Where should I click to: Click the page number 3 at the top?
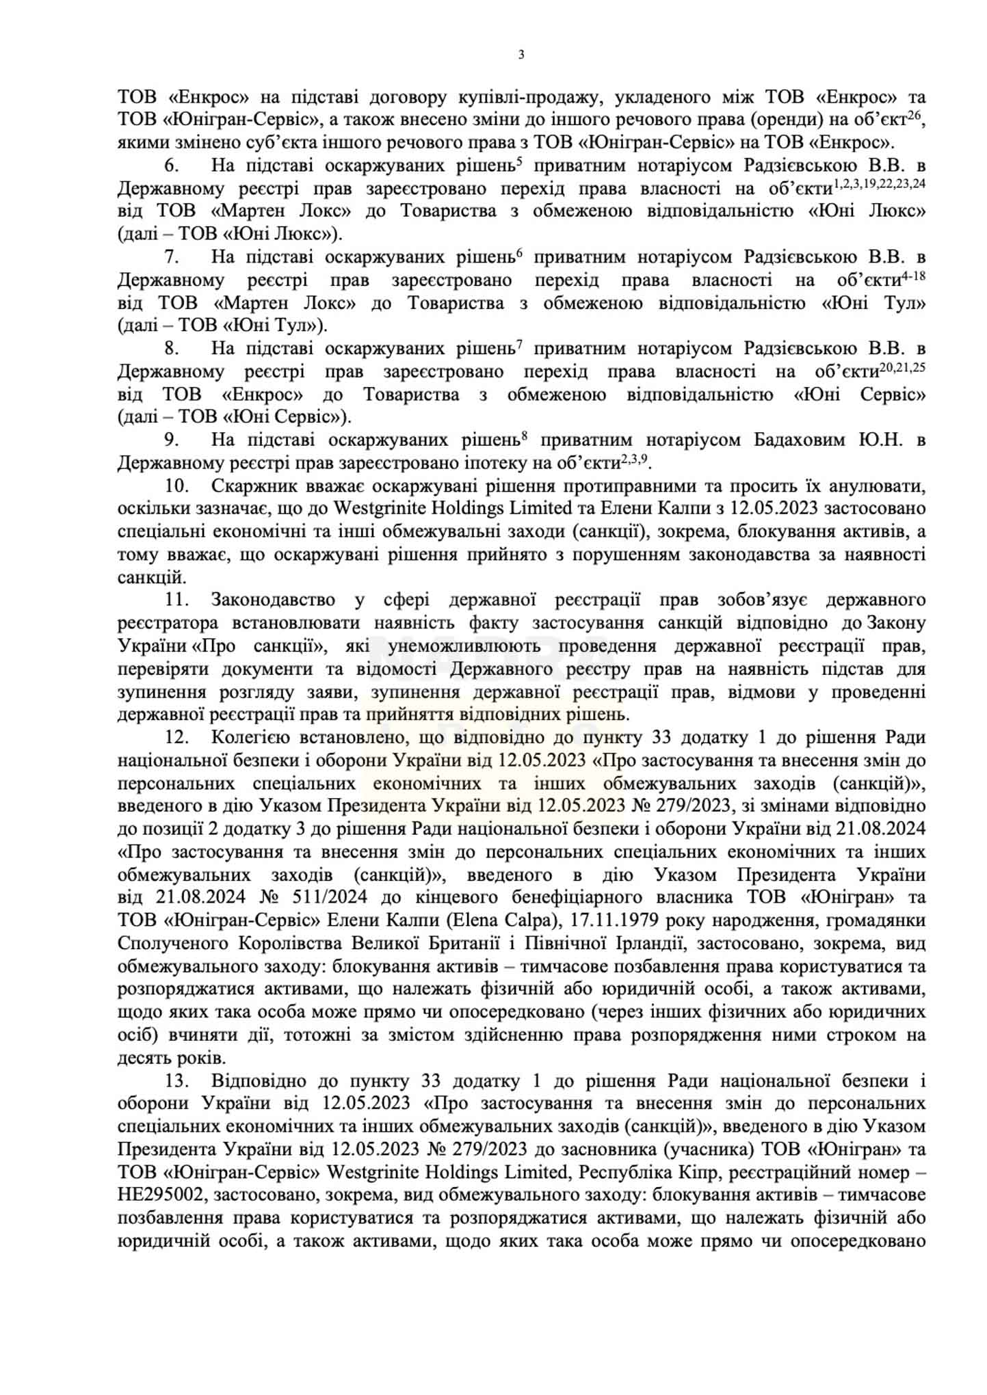pos(521,55)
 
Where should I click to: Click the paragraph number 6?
pos(171,166)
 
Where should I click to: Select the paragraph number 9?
pos(171,440)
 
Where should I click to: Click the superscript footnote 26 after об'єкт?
pos(917,116)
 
